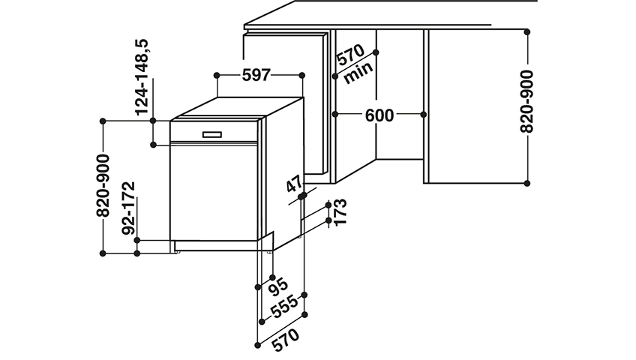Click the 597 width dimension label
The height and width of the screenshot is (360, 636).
256,75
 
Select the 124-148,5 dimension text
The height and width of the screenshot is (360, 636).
142,77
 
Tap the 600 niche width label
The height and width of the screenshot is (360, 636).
379,115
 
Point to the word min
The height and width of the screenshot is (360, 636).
358,73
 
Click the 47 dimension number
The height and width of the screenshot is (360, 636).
295,184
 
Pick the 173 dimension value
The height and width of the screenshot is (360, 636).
340,211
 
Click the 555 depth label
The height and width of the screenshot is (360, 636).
284,307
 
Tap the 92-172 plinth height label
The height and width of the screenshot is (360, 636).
128,208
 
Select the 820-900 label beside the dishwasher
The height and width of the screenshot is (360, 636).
103,186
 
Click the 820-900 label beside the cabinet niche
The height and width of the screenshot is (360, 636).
526,101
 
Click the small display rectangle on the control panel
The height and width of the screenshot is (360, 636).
212,134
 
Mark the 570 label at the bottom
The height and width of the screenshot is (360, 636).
286,340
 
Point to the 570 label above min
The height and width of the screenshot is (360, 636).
351,55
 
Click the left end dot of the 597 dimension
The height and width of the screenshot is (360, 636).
217,76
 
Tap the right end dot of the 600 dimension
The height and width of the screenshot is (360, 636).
424,115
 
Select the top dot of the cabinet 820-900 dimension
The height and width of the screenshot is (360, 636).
527,31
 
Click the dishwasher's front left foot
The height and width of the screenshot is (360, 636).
178,252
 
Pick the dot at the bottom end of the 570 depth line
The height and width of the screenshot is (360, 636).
257,345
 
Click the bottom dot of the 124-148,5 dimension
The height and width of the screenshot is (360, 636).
153,145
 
